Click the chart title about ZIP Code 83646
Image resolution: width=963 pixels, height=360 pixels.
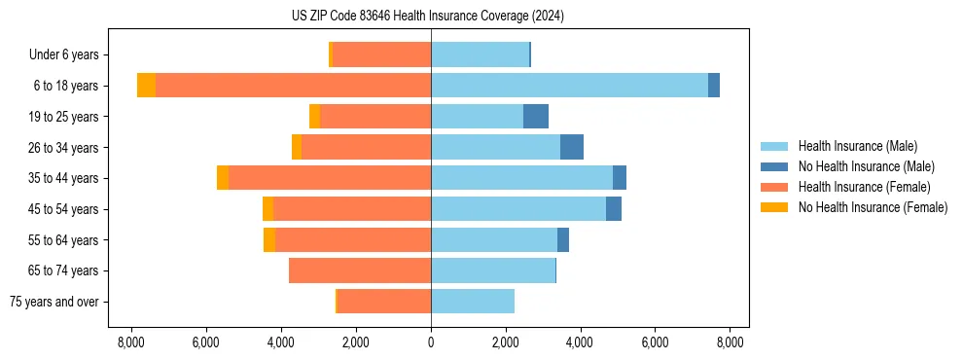(427, 17)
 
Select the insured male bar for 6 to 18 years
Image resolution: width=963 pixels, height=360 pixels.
(569, 86)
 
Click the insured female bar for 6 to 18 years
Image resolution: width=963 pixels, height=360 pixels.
(293, 86)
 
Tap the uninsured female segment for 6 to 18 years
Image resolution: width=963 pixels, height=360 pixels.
(146, 86)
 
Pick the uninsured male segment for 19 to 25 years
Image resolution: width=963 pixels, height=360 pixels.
(536, 117)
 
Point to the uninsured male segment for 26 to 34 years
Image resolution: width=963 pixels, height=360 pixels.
(572, 147)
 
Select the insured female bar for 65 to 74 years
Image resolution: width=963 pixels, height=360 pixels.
(360, 270)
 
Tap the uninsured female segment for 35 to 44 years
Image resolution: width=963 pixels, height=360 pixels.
(223, 178)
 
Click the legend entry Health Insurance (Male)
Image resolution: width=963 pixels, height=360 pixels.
(857, 146)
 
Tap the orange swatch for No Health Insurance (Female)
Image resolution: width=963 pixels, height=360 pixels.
(774, 207)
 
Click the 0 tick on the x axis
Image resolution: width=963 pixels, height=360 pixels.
(431, 342)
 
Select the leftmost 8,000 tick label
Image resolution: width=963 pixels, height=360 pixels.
(131, 342)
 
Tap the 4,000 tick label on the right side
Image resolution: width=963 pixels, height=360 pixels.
(581, 342)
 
